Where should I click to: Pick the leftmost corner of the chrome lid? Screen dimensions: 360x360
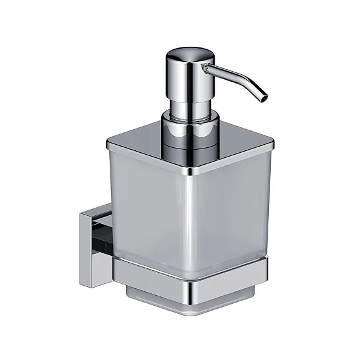click(x=109, y=145)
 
